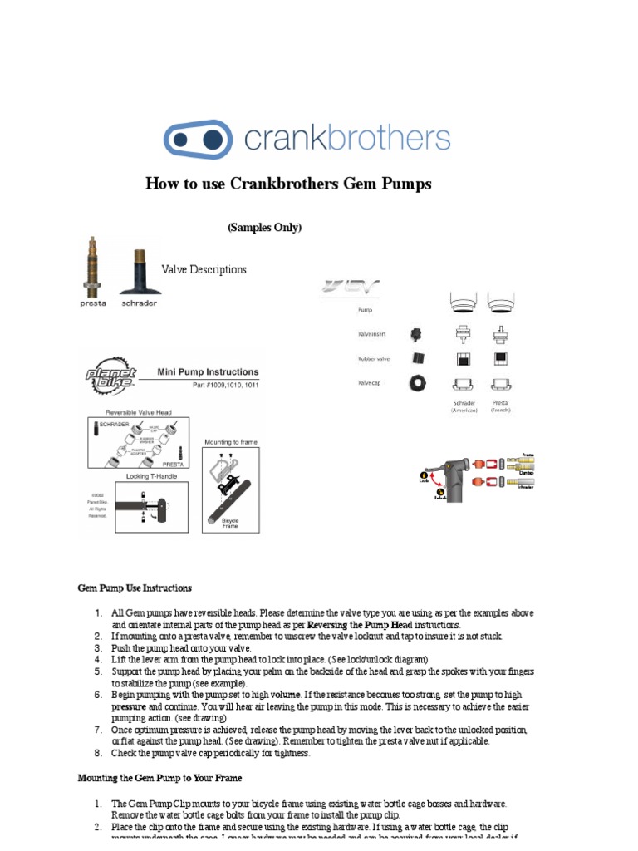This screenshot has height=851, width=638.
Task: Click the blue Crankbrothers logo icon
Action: coord(197,139)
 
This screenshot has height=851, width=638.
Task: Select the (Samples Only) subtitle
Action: coord(264,228)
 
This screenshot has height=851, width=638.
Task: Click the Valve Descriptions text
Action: coord(204,270)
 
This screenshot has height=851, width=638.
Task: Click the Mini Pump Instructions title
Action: coord(208,372)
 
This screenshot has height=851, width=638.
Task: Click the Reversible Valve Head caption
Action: coord(137,411)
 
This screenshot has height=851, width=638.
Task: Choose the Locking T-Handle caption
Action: coord(137,477)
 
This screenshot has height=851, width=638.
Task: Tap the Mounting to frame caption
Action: coord(230,441)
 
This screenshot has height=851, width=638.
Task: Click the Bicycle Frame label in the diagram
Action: coord(229,526)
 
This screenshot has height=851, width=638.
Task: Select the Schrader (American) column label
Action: coord(464,406)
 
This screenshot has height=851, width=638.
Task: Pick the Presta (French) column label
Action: coord(501,406)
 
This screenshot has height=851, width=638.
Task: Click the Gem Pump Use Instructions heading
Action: coord(135,588)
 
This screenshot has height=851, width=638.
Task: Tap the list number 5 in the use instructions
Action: coord(97,671)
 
